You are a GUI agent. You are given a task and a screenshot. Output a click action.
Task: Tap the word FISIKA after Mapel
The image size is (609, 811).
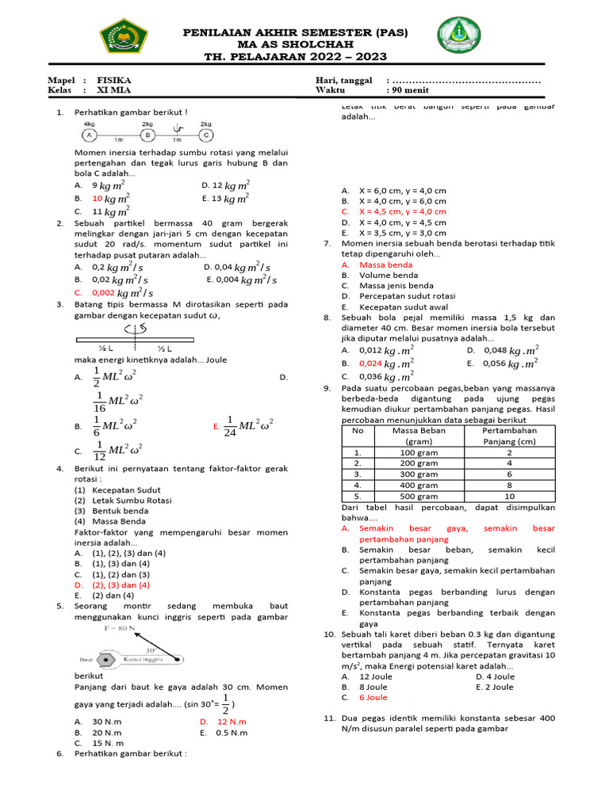point(114,81)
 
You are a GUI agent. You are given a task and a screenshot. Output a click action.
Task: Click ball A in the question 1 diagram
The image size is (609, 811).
point(90,135)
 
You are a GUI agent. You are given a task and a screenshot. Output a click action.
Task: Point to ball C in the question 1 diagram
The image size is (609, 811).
point(205,135)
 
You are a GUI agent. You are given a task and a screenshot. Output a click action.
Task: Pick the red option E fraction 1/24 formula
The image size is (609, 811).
point(249,425)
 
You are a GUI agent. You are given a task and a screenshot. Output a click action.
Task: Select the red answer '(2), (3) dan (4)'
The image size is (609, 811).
point(121,584)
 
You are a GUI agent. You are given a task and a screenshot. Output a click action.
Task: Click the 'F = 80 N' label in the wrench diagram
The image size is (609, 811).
point(121,627)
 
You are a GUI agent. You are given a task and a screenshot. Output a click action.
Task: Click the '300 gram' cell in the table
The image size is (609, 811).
point(419,474)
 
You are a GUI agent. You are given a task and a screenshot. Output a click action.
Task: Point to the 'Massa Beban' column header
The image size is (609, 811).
point(419,431)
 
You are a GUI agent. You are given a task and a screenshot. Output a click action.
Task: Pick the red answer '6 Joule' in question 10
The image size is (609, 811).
point(373,698)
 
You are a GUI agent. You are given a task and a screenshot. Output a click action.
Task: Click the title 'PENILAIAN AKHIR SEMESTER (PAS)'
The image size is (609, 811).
point(295,32)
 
